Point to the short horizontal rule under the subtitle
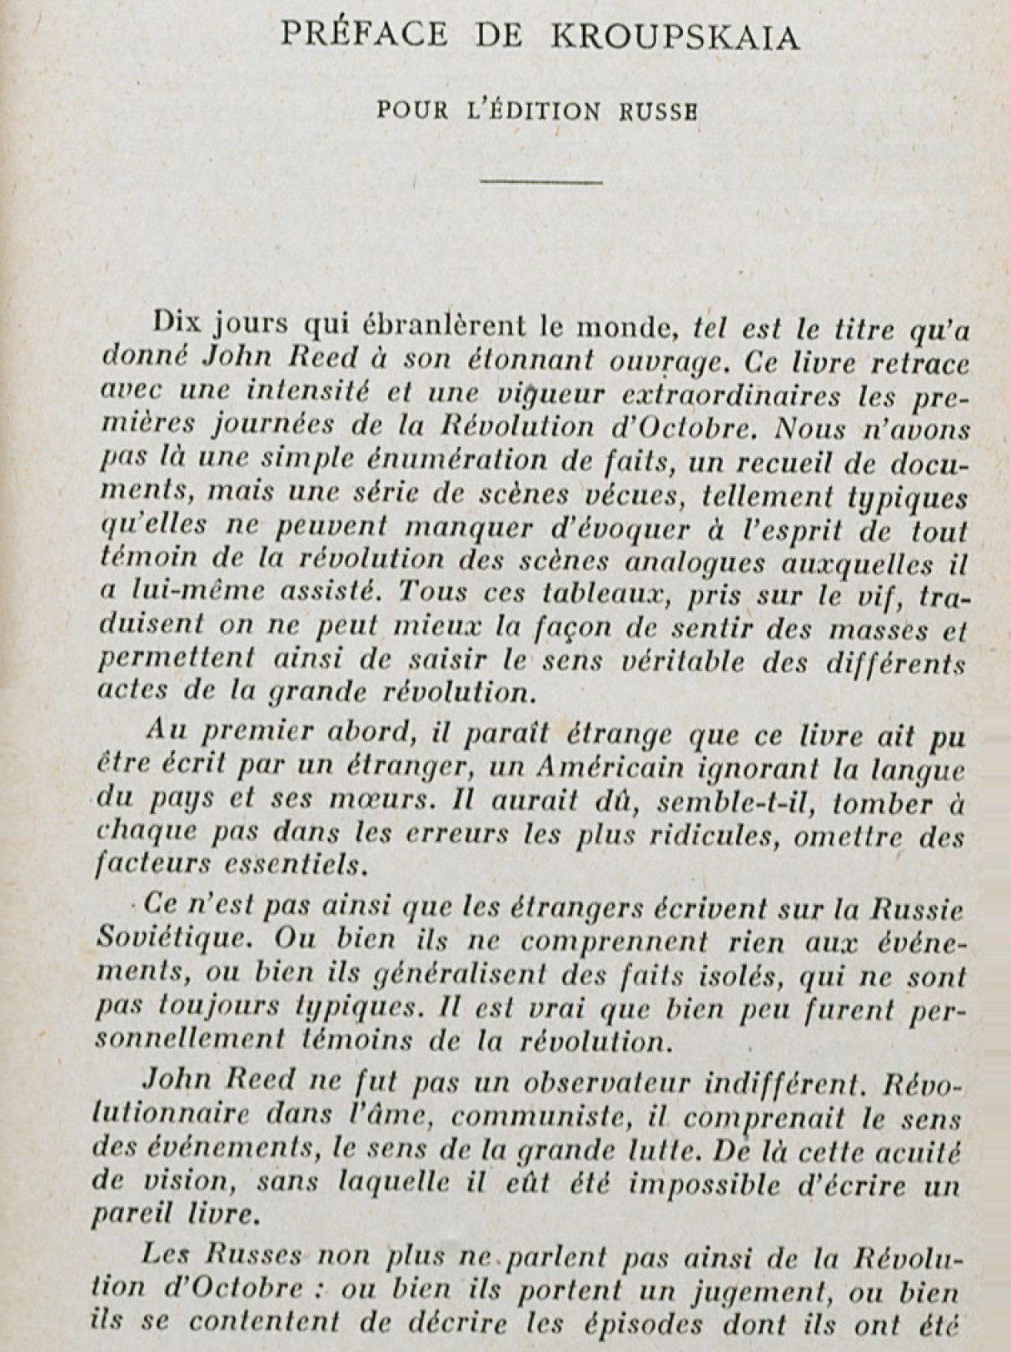(542, 181)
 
